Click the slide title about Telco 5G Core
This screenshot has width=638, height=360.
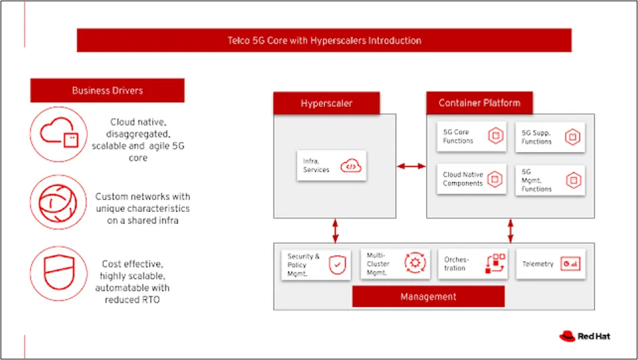324,40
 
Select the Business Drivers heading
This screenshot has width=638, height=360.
107,90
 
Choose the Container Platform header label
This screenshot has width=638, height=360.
479,103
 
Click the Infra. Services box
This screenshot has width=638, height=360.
331,165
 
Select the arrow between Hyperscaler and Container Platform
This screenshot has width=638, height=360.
411,166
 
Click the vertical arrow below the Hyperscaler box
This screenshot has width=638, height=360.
335,230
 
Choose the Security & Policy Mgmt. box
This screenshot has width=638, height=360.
316,264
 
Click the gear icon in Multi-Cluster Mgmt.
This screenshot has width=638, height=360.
413,264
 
